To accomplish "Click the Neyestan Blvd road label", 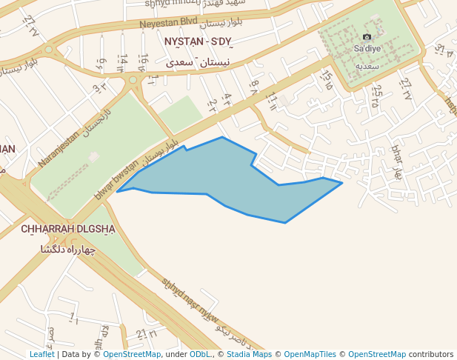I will pos(170,24).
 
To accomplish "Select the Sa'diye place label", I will pos(367,48).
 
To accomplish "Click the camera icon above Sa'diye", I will pos(367,37).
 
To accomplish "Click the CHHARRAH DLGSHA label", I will pos(68,229).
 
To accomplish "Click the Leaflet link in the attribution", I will pos(41,355).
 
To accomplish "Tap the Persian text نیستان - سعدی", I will pos(198,63).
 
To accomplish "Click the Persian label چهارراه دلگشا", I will pos(69,250).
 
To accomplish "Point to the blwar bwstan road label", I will pos(116,180).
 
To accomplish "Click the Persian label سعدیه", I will pos(367,66).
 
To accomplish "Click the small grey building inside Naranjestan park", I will pos(93,157).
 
